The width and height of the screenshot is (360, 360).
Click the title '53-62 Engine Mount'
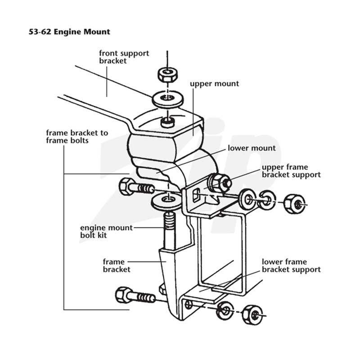[69, 31]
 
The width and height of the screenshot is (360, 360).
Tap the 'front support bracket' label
[124, 57]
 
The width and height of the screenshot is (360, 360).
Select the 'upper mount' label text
[215, 84]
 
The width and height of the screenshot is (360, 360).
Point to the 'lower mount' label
[252, 148]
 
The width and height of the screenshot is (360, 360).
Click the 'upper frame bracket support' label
[291, 171]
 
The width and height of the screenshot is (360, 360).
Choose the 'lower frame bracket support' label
[291, 265]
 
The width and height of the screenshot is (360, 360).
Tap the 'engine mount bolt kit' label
[106, 231]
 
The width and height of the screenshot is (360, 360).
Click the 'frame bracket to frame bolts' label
[77, 137]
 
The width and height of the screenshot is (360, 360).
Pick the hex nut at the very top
[167, 75]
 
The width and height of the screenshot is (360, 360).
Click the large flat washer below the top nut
[167, 99]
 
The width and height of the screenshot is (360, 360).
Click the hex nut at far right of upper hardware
[295, 204]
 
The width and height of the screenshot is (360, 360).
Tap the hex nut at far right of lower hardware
[253, 315]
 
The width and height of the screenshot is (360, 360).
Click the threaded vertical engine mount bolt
[169, 231]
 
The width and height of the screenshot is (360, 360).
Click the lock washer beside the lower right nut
[225, 311]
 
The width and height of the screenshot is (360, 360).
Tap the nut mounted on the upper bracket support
[219, 182]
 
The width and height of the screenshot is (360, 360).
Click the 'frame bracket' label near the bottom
[117, 265]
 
